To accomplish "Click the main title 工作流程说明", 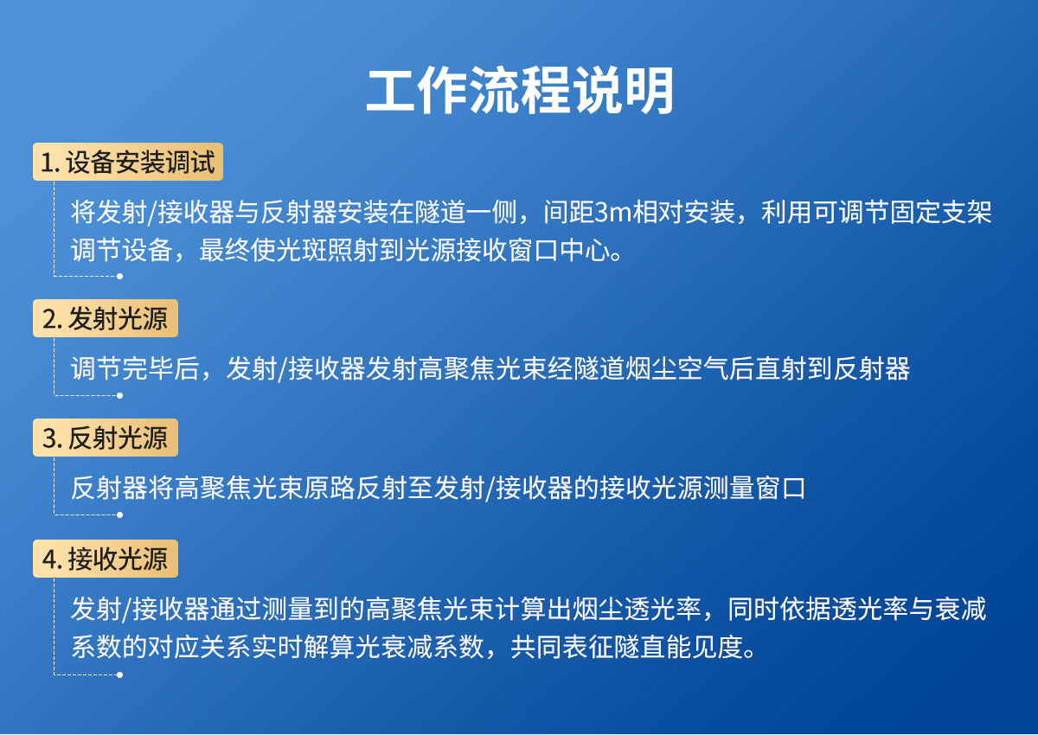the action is click(x=520, y=90).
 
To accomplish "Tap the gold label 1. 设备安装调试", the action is click(x=128, y=162).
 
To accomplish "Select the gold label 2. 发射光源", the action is click(x=106, y=318).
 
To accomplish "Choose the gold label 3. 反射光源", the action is click(x=106, y=438).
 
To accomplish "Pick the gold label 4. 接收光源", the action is click(x=106, y=559).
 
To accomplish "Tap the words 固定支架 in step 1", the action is click(x=940, y=213).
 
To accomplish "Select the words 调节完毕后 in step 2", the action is click(x=135, y=369).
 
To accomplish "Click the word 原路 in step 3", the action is click(x=329, y=489).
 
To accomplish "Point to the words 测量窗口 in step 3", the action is click(x=754, y=489).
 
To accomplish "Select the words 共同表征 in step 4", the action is click(x=561, y=647).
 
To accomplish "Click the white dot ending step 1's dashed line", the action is click(x=119, y=277).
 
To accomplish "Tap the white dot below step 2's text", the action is click(x=119, y=395).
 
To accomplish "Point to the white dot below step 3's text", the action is click(x=119, y=515).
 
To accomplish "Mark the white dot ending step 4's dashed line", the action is click(x=119, y=674).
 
